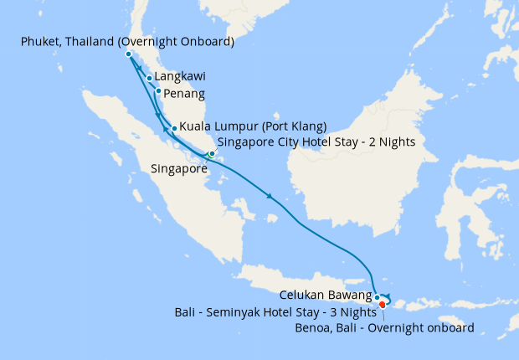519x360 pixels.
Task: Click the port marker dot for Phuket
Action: click(128, 54)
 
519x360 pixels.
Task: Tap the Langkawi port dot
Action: click(150, 79)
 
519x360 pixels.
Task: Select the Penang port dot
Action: click(158, 90)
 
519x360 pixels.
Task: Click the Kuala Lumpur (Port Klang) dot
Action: click(174, 128)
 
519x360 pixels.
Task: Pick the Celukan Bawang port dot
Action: click(378, 297)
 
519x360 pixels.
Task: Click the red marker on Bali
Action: click(383, 304)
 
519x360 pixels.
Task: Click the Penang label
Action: click(185, 93)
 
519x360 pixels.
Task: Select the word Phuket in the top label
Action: click(42, 41)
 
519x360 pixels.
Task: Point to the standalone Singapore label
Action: click(179, 169)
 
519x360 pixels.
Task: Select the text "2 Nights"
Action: click(390, 141)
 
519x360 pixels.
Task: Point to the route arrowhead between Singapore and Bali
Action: click(270, 198)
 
